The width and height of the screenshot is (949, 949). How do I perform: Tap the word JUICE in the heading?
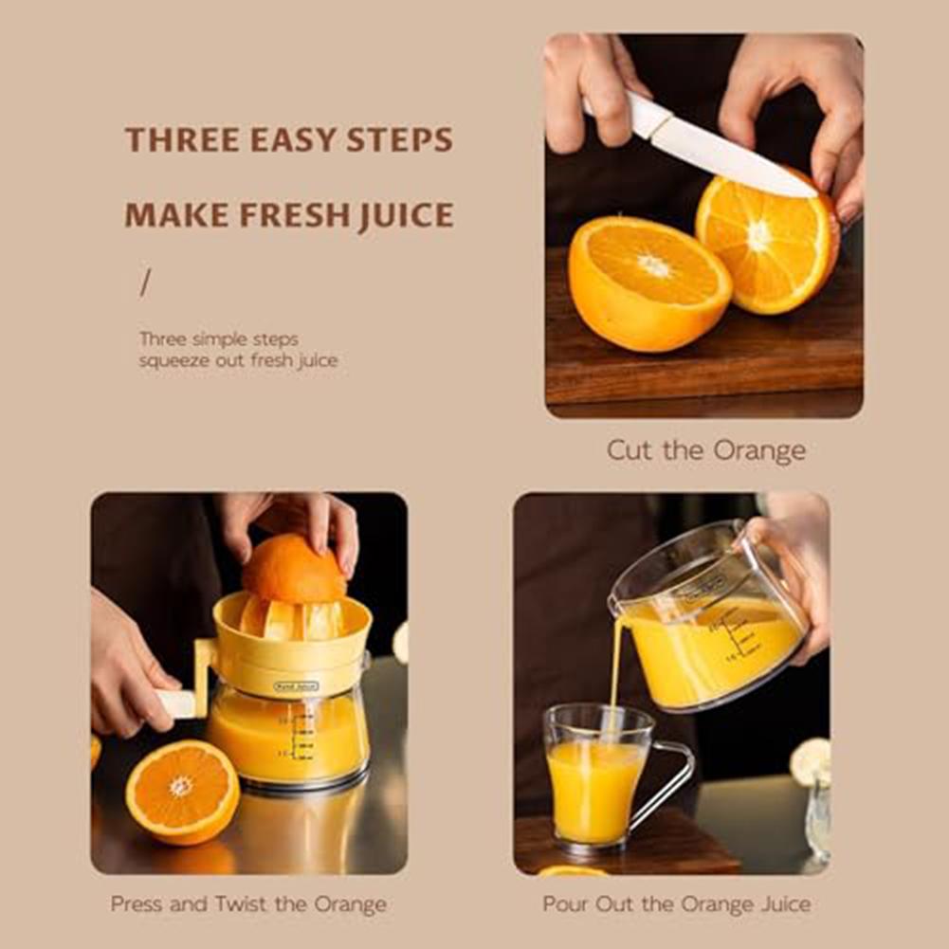407,216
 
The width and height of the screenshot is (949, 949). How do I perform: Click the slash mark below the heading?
145,283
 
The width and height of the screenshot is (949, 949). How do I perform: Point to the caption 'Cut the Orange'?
705,450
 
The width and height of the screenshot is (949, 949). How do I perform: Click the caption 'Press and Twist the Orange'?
248,904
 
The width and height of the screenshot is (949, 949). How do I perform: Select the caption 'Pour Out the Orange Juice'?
676,904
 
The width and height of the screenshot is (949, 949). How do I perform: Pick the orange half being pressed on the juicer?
293,569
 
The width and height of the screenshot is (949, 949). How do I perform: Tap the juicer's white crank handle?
176,703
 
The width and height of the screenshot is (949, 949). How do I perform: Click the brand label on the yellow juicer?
297,685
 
